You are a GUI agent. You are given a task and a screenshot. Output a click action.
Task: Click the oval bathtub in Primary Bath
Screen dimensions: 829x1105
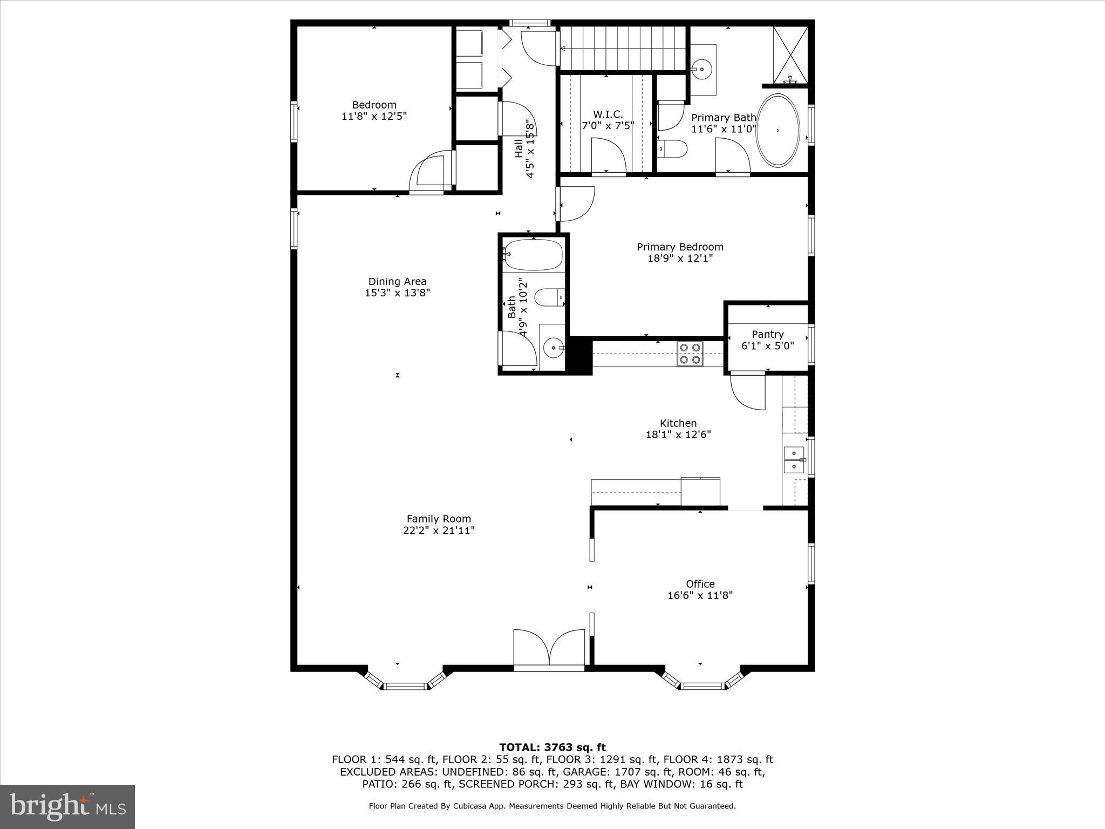[777, 131]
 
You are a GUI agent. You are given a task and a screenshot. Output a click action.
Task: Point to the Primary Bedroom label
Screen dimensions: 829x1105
[680, 247]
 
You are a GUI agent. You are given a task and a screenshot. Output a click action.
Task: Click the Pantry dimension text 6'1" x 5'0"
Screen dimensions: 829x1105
[767, 346]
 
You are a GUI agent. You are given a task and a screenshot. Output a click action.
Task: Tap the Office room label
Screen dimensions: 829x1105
[700, 583]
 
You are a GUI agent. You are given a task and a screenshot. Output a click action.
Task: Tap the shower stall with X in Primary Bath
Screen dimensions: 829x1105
[790, 54]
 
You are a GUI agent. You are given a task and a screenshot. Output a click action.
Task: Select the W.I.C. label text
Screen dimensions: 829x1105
[608, 114]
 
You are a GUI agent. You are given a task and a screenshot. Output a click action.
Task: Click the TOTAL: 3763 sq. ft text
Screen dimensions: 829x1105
[552, 748]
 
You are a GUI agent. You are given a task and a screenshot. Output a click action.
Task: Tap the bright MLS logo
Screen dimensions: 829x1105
[67, 806]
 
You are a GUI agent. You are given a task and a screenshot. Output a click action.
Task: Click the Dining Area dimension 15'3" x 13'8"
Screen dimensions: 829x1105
[397, 293]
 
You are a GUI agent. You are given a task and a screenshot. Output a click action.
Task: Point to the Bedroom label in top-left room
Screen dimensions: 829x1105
[374, 105]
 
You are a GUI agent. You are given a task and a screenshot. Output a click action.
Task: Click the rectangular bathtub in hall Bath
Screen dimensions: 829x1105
[534, 255]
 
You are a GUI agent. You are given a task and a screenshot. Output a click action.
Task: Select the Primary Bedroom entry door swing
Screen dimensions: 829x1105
[577, 204]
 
